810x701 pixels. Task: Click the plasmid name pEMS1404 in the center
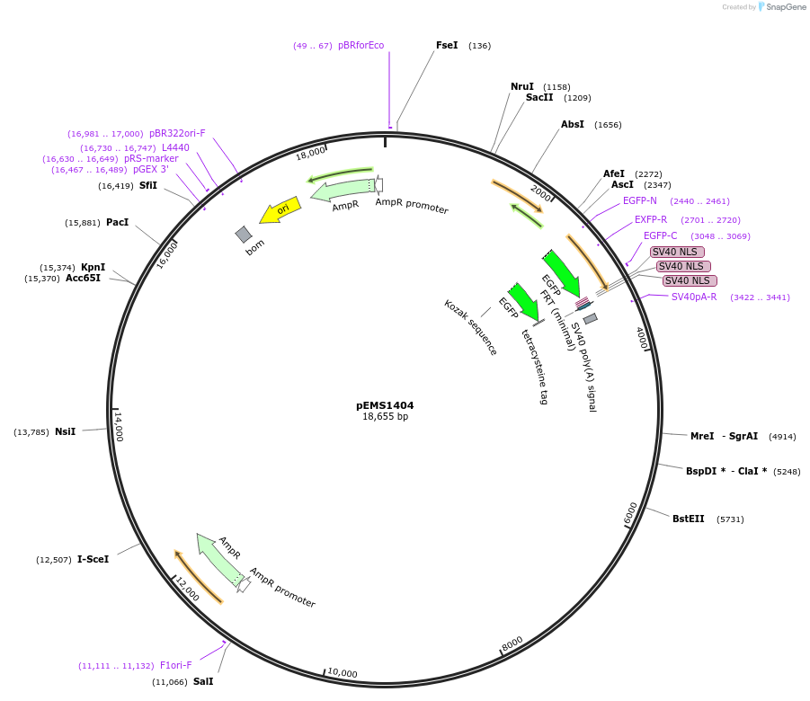pyautogui.click(x=385, y=405)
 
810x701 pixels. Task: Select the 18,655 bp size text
pyautogui.click(x=385, y=417)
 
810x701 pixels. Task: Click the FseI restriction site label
pyautogui.click(x=447, y=45)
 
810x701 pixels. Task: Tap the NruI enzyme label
pyautogui.click(x=522, y=86)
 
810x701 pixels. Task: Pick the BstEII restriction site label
pyautogui.click(x=689, y=519)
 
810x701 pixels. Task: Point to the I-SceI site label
pyautogui.click(x=93, y=559)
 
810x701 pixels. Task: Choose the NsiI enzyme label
pyautogui.click(x=65, y=431)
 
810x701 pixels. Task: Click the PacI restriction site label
pyautogui.click(x=117, y=222)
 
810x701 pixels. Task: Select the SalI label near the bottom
pyautogui.click(x=203, y=681)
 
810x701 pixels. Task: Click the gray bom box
pyautogui.click(x=244, y=235)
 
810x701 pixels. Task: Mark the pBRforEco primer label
pyautogui.click(x=360, y=45)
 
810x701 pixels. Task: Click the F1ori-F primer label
pyautogui.click(x=176, y=665)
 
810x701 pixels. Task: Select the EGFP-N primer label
pyautogui.click(x=640, y=200)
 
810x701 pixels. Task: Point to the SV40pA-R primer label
pyautogui.click(x=694, y=297)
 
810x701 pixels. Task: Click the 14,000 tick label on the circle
pyautogui.click(x=118, y=426)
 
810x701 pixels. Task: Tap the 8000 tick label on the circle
pyautogui.click(x=512, y=644)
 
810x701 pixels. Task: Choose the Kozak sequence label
pyautogui.click(x=470, y=327)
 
